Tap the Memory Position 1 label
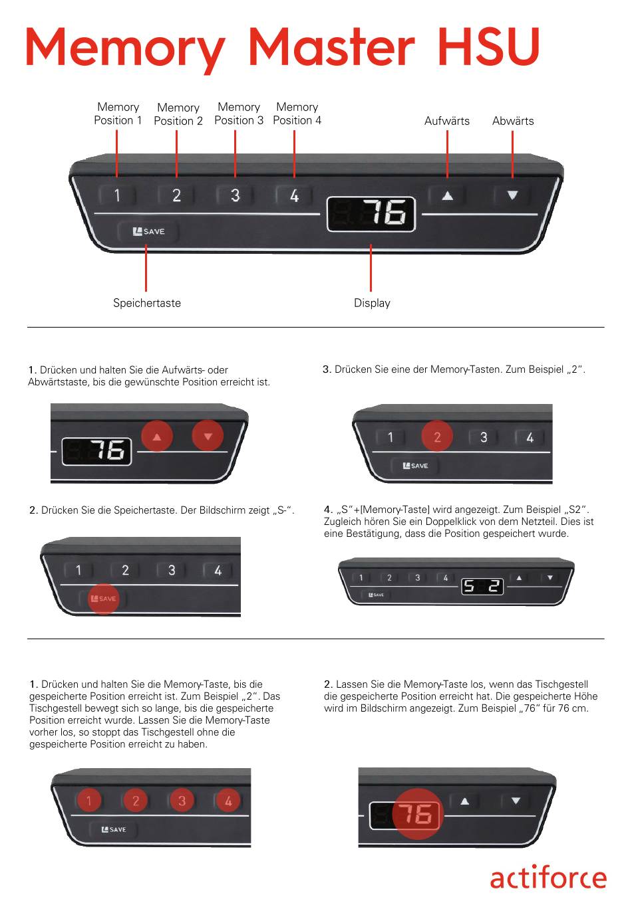(x=118, y=114)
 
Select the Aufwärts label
(x=447, y=121)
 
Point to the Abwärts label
(x=512, y=121)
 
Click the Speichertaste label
(x=147, y=303)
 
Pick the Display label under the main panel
(x=372, y=303)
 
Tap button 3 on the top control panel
(x=236, y=195)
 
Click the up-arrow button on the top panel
(x=447, y=196)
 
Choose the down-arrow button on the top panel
(x=512, y=195)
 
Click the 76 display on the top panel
(x=371, y=214)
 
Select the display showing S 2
(x=482, y=587)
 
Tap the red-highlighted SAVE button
(x=104, y=599)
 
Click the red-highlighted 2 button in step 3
(x=437, y=437)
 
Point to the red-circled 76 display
(x=418, y=814)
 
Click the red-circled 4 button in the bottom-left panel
(x=228, y=801)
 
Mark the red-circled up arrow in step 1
(x=157, y=437)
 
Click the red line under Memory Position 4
(x=294, y=154)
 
